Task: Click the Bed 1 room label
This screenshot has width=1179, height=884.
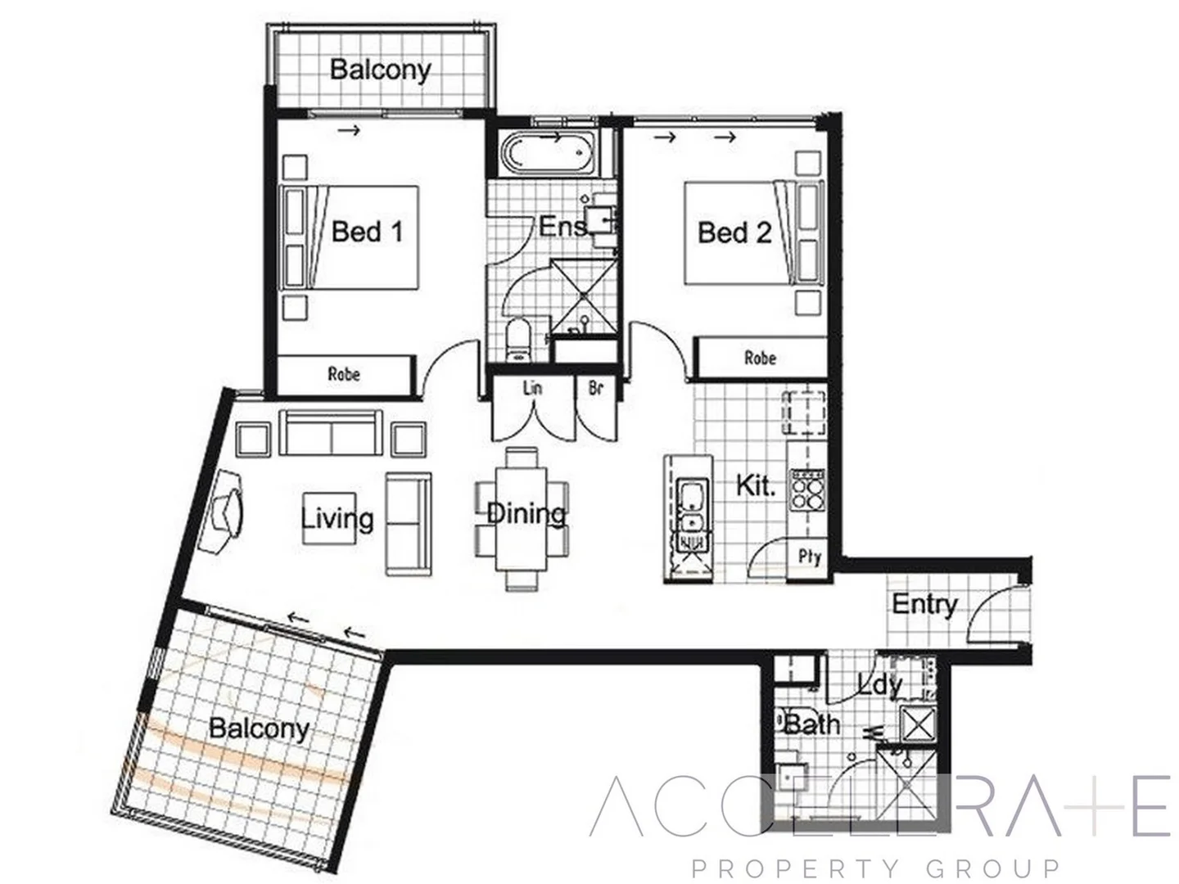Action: click(x=367, y=232)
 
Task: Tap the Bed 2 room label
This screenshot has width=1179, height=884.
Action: click(x=734, y=232)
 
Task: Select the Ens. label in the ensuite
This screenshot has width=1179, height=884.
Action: click(x=563, y=226)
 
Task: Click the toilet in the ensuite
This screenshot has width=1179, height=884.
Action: click(x=517, y=340)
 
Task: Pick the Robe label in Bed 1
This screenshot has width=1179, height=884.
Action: click(x=344, y=374)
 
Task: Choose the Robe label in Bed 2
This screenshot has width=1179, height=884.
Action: click(x=760, y=358)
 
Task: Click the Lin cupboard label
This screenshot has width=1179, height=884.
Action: click(x=532, y=387)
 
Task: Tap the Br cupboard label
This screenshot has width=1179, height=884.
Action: click(x=595, y=387)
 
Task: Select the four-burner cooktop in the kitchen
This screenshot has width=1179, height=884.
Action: click(x=806, y=490)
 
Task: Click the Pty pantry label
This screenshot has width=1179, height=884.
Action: click(x=809, y=557)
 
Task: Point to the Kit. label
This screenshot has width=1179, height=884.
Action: click(x=755, y=485)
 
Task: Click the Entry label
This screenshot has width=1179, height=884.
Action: click(x=924, y=604)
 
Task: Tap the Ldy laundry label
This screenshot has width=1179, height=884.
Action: click(x=880, y=683)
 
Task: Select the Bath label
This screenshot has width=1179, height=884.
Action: click(x=811, y=724)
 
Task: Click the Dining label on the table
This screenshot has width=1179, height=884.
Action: click(x=526, y=514)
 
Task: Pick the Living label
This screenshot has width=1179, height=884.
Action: click(x=337, y=519)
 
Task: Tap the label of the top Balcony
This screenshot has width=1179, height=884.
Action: click(x=380, y=70)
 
